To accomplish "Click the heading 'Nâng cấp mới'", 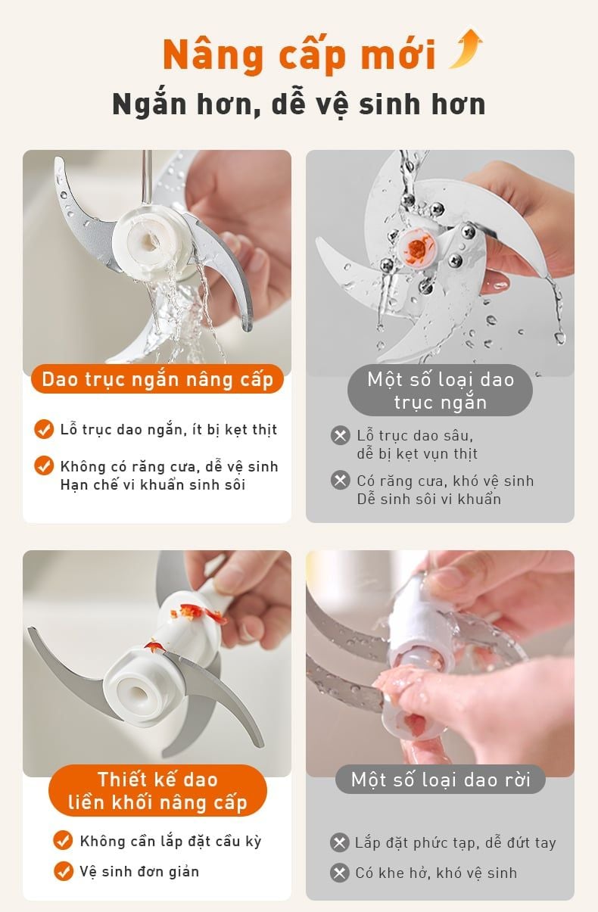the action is tap(299, 55).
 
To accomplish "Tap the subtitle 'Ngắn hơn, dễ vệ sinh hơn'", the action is tap(299, 104).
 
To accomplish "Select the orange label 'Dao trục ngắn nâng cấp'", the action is tap(157, 379).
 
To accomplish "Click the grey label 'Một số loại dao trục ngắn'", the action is tap(440, 391).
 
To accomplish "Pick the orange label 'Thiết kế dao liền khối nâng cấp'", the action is tap(157, 791).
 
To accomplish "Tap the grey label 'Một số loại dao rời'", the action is tap(440, 780).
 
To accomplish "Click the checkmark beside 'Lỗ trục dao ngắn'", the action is tap(44, 429).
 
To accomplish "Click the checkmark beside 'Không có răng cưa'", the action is tap(44, 465).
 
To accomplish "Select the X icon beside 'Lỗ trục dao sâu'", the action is tap(341, 436).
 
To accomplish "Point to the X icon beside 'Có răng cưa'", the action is tap(341, 481).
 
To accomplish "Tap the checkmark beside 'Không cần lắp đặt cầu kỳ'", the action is tap(63, 841).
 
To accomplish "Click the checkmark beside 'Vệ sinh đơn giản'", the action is tap(63, 871).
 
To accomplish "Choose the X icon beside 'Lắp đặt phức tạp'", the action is tap(340, 843).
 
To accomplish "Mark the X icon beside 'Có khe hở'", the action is tap(340, 873).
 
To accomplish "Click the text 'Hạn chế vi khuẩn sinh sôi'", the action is tap(153, 485).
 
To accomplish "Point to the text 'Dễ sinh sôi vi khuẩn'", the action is tap(428, 500).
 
